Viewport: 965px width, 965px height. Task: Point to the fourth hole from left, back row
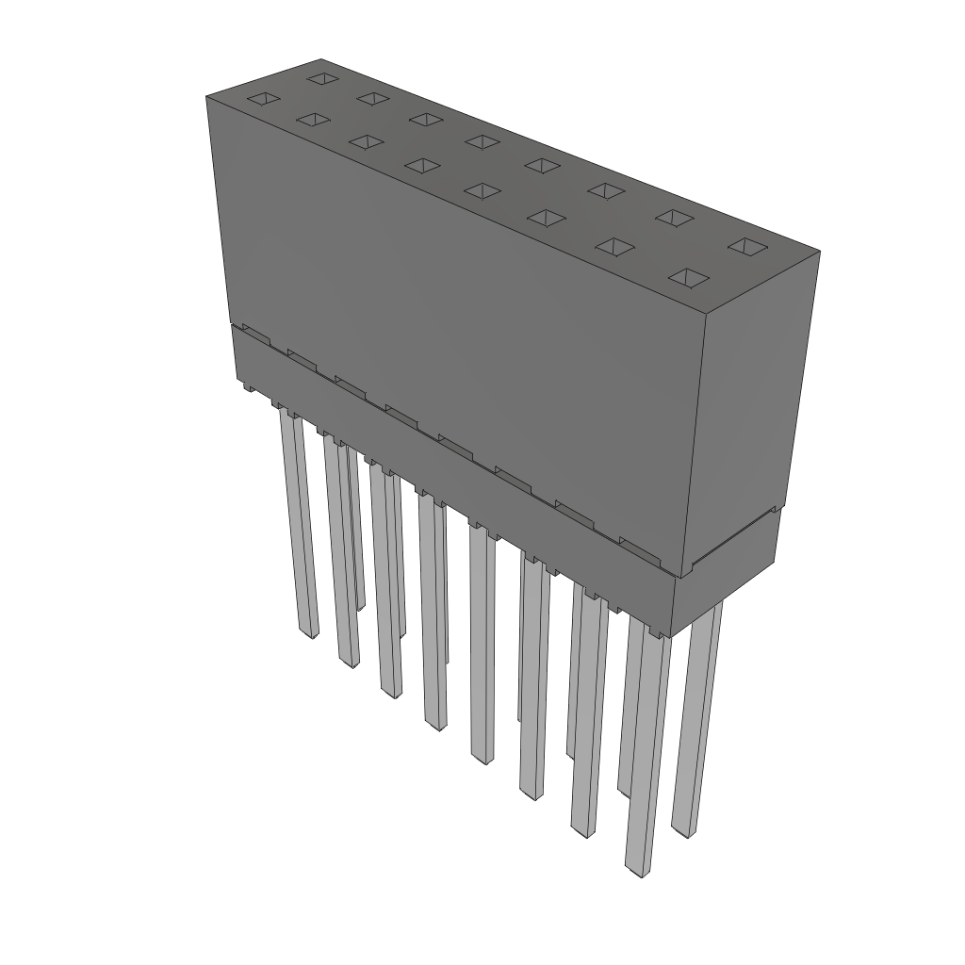pyautogui.click(x=482, y=141)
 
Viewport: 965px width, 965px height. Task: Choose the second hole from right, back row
pyautogui.click(x=674, y=218)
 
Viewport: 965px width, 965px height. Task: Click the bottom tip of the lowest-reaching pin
pyautogui.click(x=637, y=869)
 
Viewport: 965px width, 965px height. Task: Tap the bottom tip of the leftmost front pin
pyautogui.click(x=307, y=635)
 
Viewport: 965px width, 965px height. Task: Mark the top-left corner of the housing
pyautogui.click(x=207, y=96)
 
